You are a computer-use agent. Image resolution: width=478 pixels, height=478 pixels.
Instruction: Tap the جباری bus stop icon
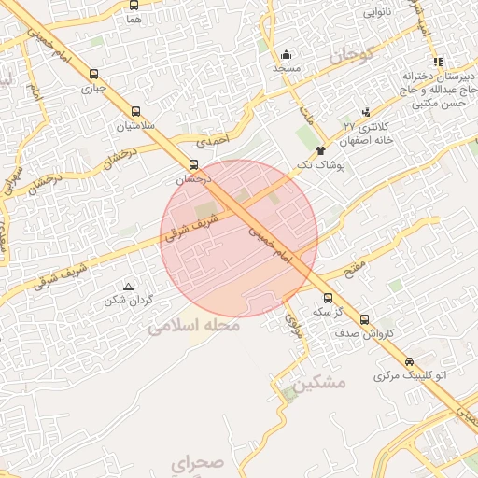pos(93,74)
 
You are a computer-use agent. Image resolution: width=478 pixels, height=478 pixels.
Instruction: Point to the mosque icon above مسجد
pos(286,54)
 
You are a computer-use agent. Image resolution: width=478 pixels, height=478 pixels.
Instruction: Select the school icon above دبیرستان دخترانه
pos(434,59)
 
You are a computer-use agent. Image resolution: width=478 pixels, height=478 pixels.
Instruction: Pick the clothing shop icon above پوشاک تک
pos(322,149)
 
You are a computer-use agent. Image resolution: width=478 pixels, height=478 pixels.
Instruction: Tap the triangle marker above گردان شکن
pos(129,286)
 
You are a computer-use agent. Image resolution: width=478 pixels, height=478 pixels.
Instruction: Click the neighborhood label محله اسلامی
pos(194,327)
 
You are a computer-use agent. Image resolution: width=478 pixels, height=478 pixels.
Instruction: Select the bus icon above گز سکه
pos(327,298)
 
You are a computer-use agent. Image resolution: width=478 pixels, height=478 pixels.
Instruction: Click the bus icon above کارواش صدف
pos(364,319)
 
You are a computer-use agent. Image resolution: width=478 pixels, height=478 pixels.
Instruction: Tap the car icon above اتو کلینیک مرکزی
pos(409,361)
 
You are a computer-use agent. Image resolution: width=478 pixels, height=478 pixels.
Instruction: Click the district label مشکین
pos(318,383)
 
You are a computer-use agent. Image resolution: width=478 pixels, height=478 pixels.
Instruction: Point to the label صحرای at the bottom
pos(198,462)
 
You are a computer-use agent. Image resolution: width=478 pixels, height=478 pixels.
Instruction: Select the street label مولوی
pos(293,324)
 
